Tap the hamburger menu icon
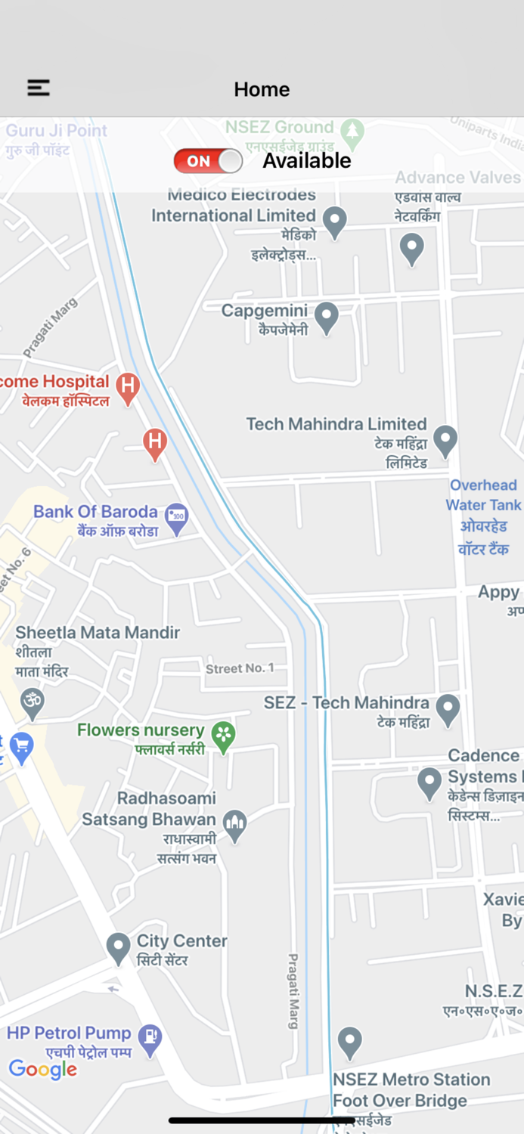[x=39, y=88]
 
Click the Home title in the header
[x=262, y=89]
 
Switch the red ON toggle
[x=208, y=161]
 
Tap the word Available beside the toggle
[x=307, y=161]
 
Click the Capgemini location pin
[x=326, y=318]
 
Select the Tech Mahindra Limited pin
[x=445, y=440]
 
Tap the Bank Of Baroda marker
[x=177, y=519]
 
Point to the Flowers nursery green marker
[x=223, y=736]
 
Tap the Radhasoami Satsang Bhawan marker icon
[x=235, y=826]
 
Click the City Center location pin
[x=119, y=948]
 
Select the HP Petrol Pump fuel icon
[x=151, y=1040]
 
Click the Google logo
[x=43, y=1069]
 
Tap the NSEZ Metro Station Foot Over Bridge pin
[x=349, y=1043]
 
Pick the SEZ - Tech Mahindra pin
[x=448, y=710]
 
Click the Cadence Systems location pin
[x=429, y=783]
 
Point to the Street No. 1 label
[x=240, y=668]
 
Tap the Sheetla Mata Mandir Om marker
[x=32, y=703]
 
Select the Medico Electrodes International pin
[x=334, y=222]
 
